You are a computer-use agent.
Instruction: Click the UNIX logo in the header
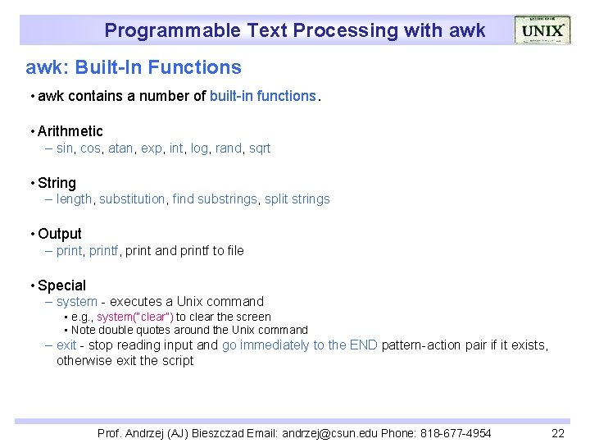tap(542, 30)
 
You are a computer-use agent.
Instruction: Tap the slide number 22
tap(558, 433)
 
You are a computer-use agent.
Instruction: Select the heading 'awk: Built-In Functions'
tap(134, 67)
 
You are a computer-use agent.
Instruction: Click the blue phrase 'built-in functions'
tap(262, 96)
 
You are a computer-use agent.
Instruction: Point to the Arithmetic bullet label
tap(70, 131)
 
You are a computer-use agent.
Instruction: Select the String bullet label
tap(57, 183)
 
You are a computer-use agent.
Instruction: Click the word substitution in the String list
tap(132, 199)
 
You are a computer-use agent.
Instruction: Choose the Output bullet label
tap(60, 234)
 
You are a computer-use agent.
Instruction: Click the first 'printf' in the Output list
tap(105, 251)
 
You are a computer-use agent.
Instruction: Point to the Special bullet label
tap(61, 285)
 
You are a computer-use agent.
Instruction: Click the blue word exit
tap(66, 345)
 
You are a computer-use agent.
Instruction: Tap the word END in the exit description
tap(363, 345)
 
